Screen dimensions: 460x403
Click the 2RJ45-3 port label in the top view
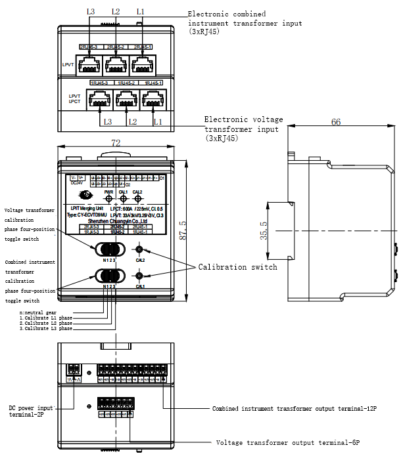pos(88,47)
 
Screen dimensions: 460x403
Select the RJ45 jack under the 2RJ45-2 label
pos(116,64)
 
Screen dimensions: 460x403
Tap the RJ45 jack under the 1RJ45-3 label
pos(99,100)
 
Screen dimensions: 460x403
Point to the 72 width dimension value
pos(116,142)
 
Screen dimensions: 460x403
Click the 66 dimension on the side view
pos(335,122)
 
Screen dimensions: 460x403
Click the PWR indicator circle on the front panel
pos(109,198)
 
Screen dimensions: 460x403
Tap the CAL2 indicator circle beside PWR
pos(137,198)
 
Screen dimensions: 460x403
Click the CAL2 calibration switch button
pos(139,249)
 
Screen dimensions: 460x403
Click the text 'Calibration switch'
pos(237,267)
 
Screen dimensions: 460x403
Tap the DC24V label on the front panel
pos(77,183)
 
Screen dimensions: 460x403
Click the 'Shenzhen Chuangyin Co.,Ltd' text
pos(116,221)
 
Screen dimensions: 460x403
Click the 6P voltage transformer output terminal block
pos(116,404)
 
